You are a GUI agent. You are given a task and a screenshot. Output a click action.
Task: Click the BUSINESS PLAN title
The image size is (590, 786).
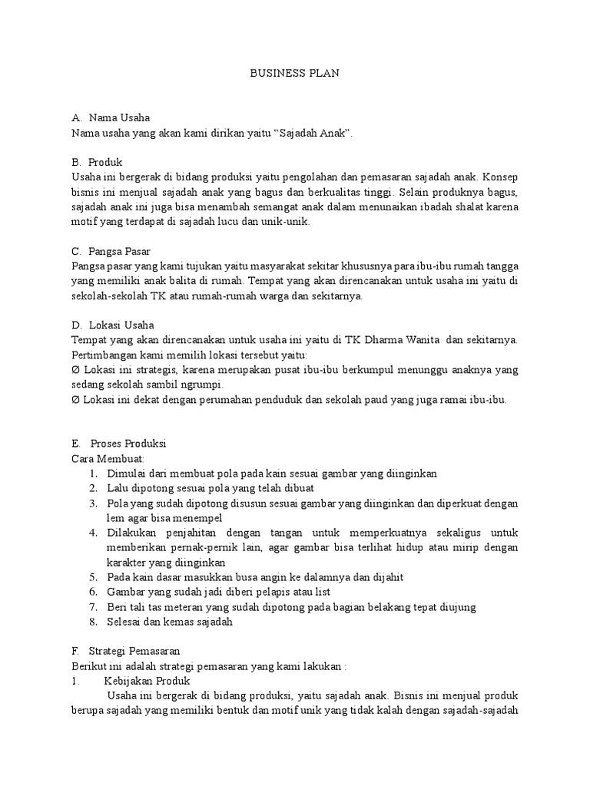295,74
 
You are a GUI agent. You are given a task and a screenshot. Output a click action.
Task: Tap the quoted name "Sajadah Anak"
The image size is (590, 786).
311,134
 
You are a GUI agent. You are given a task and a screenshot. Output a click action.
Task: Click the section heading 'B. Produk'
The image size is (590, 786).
96,163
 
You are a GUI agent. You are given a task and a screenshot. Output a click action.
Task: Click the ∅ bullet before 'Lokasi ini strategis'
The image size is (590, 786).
75,370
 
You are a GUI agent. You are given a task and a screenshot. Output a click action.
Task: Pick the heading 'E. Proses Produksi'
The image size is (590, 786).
118,444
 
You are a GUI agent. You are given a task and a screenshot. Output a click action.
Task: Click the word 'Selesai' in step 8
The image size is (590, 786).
126,622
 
